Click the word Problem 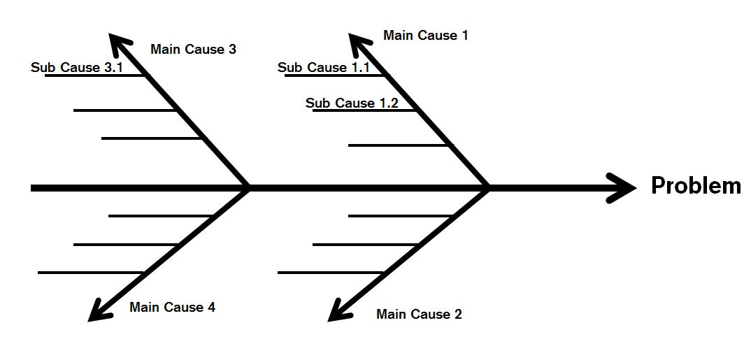[696, 186]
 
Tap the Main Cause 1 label [426, 36]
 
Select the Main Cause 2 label [419, 315]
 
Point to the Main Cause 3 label [193, 50]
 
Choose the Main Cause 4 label [172, 308]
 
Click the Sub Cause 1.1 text [323, 68]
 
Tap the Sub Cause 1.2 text [352, 103]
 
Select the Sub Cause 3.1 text [77, 68]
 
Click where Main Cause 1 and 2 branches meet [487, 188]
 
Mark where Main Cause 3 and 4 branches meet [248, 188]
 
